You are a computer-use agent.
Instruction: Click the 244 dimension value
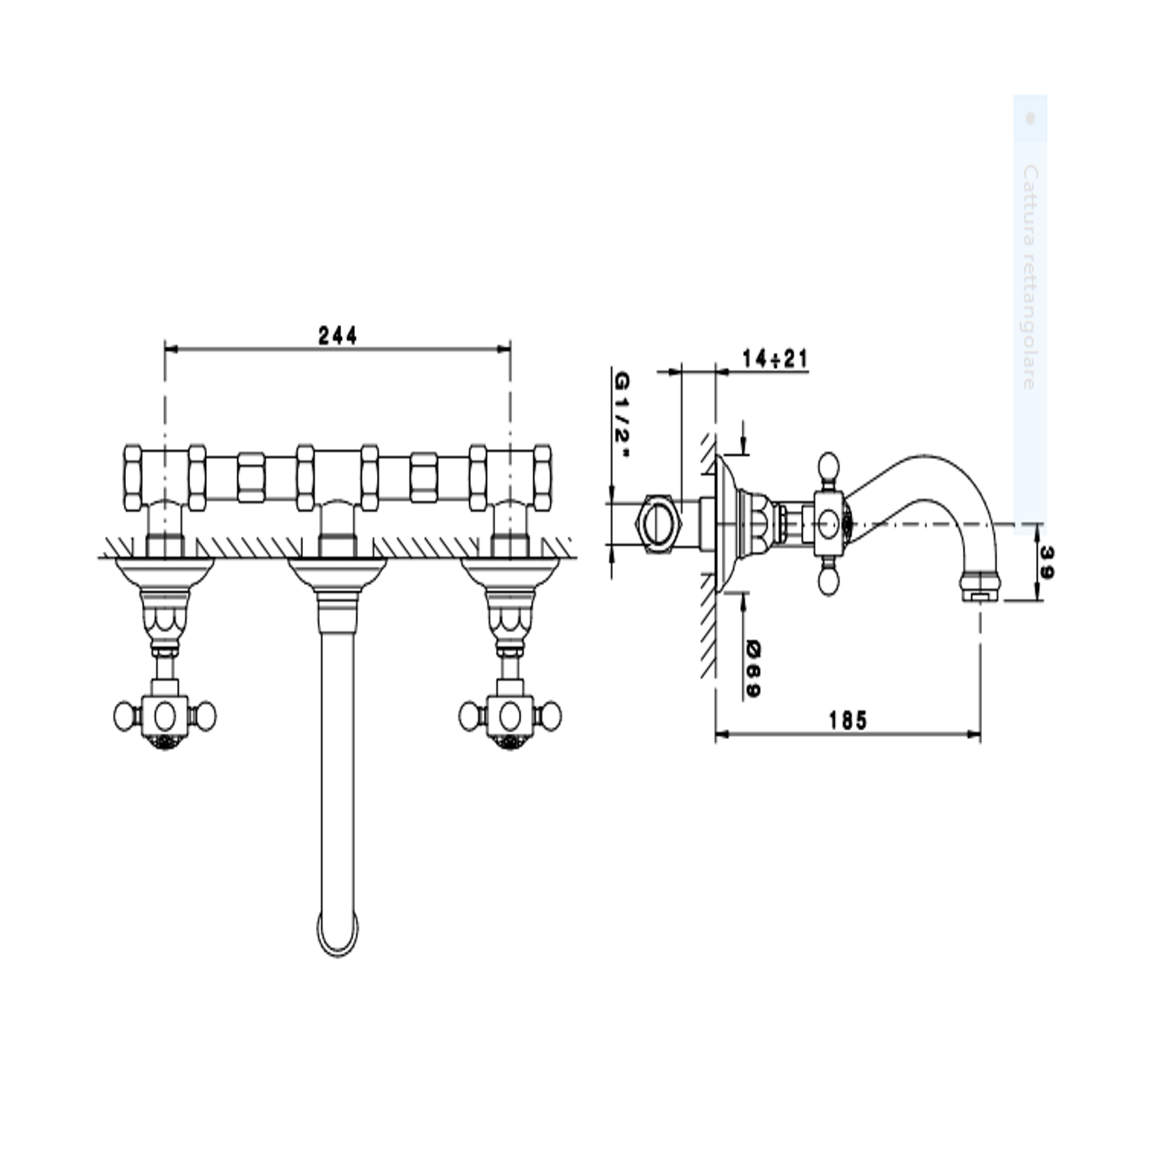(338, 336)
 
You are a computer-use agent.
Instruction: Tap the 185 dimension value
(848, 720)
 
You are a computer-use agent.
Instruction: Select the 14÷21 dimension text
(774, 359)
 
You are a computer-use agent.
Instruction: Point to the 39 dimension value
(1047, 562)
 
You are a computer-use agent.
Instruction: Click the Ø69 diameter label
(753, 669)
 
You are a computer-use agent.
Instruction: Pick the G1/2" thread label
(621, 415)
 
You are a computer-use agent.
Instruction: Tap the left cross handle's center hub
(165, 715)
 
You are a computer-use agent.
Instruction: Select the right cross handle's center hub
(510, 715)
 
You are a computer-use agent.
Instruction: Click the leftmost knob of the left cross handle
(125, 716)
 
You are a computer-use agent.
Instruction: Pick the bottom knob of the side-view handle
(829, 580)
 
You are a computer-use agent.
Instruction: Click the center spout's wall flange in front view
(338, 571)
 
